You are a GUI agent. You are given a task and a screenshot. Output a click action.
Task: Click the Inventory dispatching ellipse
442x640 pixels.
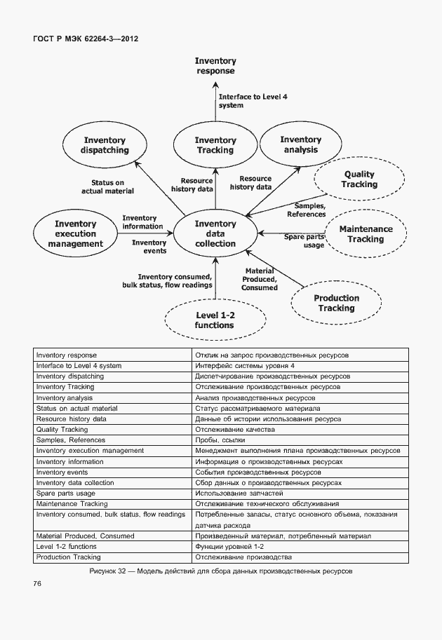[105, 145]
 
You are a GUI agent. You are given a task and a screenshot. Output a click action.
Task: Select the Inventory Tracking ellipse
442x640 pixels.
[215, 145]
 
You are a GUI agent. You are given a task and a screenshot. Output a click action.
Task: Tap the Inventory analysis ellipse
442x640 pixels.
[300, 144]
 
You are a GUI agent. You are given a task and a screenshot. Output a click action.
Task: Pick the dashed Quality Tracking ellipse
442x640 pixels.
[359, 179]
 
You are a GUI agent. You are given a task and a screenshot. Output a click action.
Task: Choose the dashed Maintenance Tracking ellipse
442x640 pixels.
[366, 234]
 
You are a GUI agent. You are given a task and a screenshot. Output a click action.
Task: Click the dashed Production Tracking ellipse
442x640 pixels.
[336, 303]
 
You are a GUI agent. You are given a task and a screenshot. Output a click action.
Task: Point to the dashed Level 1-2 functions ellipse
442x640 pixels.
[215, 320]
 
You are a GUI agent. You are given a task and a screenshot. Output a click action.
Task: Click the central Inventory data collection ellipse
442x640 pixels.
[215, 233]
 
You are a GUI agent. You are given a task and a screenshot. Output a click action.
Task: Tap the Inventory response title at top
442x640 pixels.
[215, 66]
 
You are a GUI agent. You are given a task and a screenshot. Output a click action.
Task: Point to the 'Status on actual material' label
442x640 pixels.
[107, 186]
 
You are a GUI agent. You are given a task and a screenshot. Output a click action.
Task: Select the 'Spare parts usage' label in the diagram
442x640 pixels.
[304, 241]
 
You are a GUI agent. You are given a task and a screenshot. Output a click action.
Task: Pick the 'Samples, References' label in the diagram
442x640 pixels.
[306, 210]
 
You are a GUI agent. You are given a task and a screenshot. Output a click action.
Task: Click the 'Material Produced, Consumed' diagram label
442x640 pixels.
[260, 279]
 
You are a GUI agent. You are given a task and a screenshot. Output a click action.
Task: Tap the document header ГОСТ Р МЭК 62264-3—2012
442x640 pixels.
[86, 39]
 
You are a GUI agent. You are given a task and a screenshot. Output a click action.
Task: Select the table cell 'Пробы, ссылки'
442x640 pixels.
[218, 440]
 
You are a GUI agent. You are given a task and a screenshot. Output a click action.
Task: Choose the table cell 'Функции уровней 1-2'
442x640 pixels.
[229, 546]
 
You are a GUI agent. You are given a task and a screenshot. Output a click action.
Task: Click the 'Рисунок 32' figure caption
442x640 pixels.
[221, 571]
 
